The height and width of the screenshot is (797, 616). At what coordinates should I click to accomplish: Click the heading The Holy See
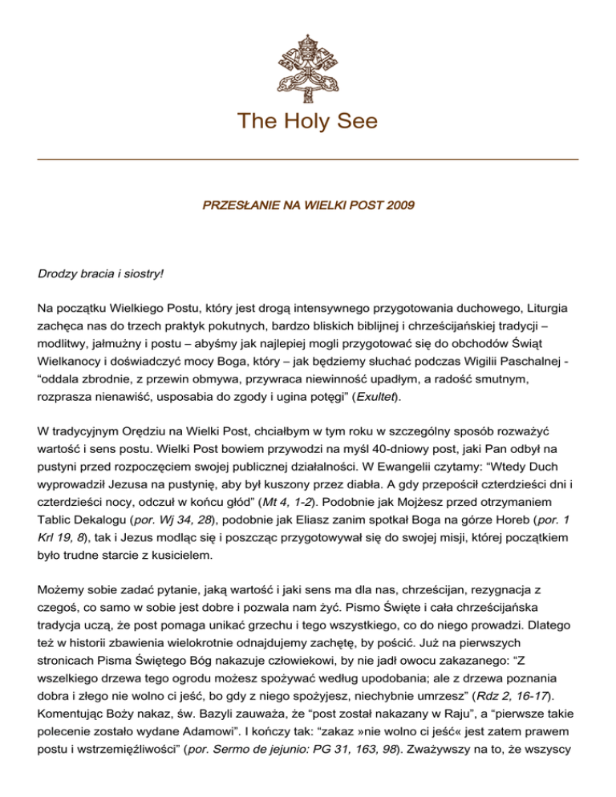[308, 122]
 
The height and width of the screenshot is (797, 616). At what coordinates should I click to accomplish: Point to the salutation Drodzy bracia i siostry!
[100, 273]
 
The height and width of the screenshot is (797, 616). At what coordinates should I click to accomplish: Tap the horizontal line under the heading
[308, 160]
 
